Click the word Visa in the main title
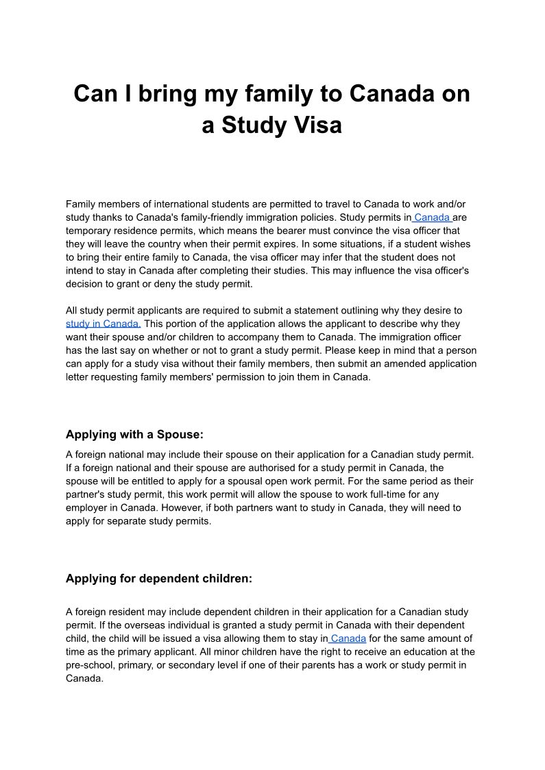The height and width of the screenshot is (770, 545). (316, 126)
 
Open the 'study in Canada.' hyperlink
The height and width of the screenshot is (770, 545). (104, 324)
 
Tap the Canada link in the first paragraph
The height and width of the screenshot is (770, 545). (432, 217)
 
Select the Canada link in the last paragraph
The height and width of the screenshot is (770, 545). (348, 638)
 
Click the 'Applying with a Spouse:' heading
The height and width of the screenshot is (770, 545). (134, 435)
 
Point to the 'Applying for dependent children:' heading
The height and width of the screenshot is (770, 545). (159, 579)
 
